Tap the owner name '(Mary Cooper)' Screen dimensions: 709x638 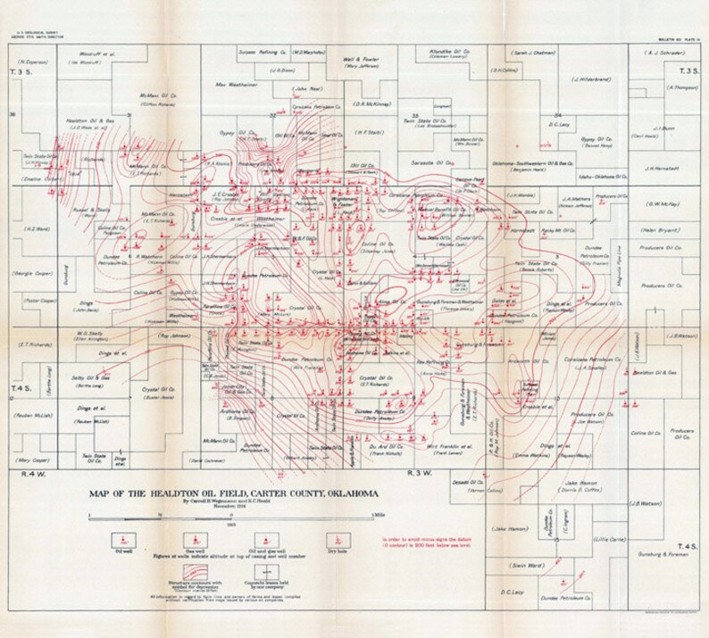coord(34,460)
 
